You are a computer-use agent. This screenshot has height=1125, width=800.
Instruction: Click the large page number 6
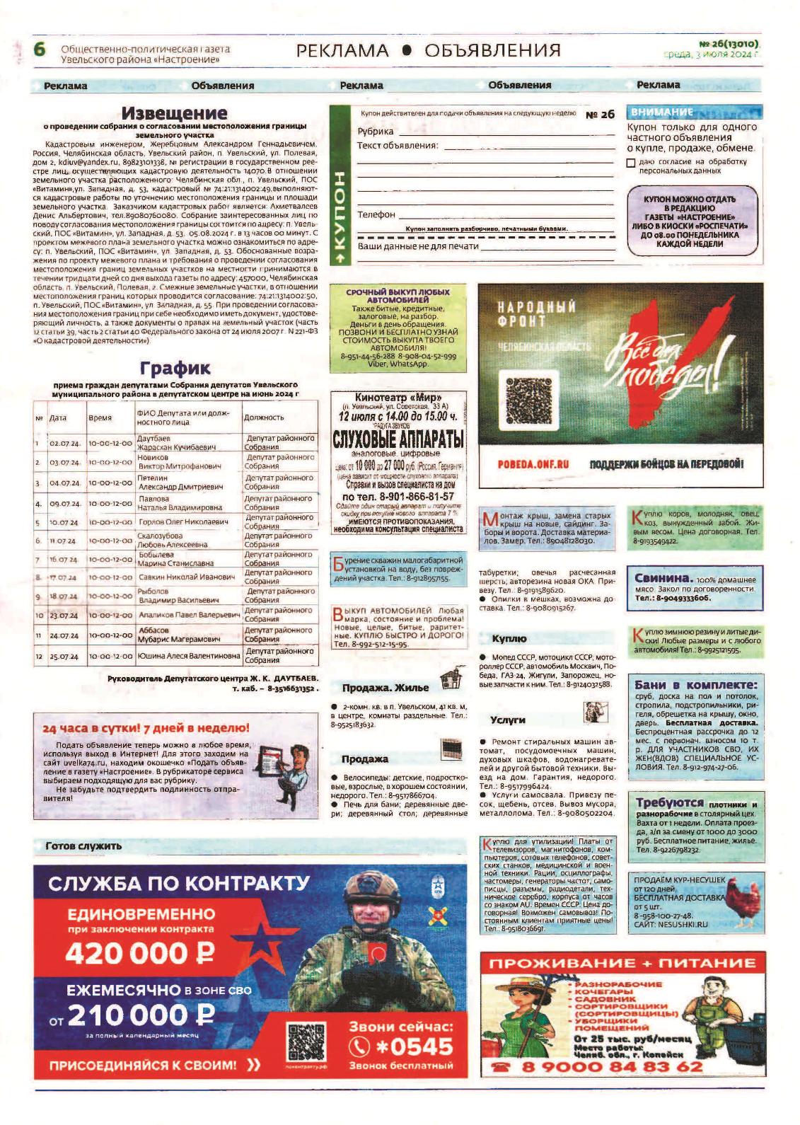(x=40, y=50)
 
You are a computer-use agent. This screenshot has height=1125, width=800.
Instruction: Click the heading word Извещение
(x=175, y=112)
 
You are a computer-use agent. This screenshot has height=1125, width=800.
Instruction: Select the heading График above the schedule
(x=175, y=368)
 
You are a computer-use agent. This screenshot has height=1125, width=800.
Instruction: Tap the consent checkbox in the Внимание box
(x=631, y=163)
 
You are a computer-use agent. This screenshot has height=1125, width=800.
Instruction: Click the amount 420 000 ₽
(x=139, y=954)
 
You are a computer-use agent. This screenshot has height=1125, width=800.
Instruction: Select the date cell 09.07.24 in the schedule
(x=65, y=504)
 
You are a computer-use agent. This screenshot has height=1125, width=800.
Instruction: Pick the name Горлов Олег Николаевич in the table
(x=183, y=522)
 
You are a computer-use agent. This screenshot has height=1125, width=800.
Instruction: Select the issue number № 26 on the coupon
(x=600, y=115)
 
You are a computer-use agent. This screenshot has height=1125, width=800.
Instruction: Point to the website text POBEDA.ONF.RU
(x=533, y=464)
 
